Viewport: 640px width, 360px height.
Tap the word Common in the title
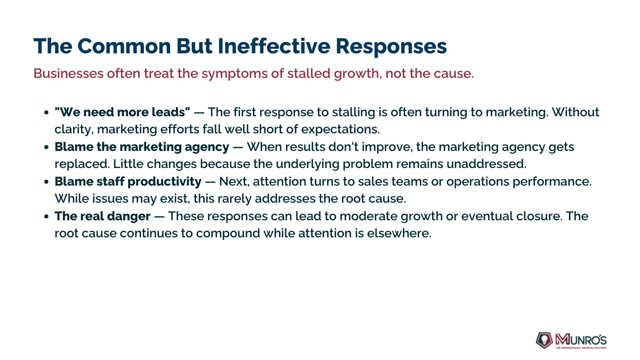click(124, 46)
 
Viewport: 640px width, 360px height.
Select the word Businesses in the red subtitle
click(69, 73)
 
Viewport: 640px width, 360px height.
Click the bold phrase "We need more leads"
click(122, 111)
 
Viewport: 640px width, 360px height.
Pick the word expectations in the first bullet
click(340, 130)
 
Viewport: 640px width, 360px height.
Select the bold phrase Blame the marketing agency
click(142, 147)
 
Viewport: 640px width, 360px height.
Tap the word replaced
click(82, 164)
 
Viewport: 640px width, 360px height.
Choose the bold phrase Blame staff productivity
click(128, 182)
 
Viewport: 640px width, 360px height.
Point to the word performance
click(552, 182)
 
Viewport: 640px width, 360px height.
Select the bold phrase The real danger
click(102, 217)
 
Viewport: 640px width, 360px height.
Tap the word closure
click(539, 216)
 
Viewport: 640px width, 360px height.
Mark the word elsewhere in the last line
click(399, 233)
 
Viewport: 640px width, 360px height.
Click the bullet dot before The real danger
click(46, 217)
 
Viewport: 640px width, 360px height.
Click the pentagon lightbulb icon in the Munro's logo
click(545, 340)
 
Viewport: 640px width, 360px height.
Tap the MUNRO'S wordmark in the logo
click(581, 340)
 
